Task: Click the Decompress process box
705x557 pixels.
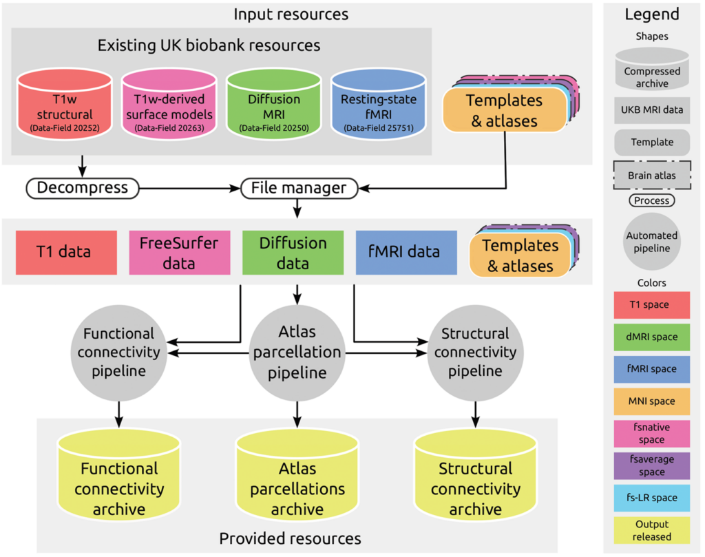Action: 82,188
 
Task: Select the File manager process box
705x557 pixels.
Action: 298,188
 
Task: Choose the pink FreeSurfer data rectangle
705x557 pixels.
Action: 180,252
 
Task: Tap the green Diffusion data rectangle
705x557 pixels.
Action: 293,252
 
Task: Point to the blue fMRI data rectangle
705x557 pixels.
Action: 406,252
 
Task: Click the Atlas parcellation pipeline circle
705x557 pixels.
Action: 297,352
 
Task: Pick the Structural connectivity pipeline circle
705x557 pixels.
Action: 474,352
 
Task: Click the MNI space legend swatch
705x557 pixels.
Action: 651,401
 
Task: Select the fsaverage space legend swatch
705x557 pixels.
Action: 651,465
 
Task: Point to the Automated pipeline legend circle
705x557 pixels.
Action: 651,241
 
